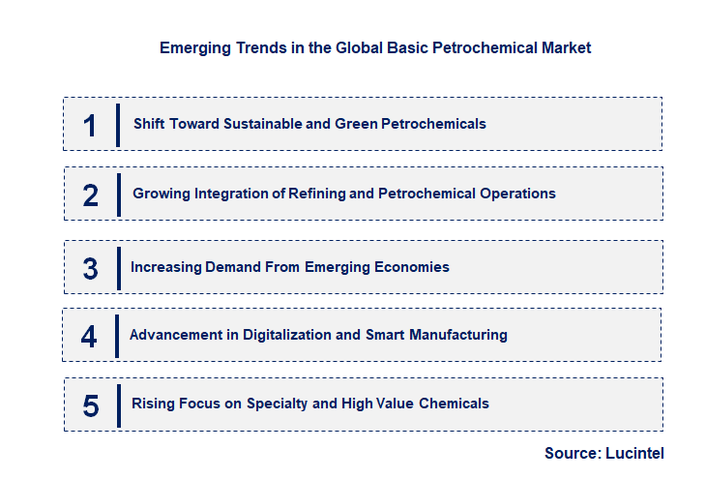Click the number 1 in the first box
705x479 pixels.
point(90,126)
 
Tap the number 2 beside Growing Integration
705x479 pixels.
point(91,195)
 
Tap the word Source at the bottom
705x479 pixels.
point(571,453)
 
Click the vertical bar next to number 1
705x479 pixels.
point(117,125)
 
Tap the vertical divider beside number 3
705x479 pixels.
point(118,268)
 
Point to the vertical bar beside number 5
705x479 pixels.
point(117,404)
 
